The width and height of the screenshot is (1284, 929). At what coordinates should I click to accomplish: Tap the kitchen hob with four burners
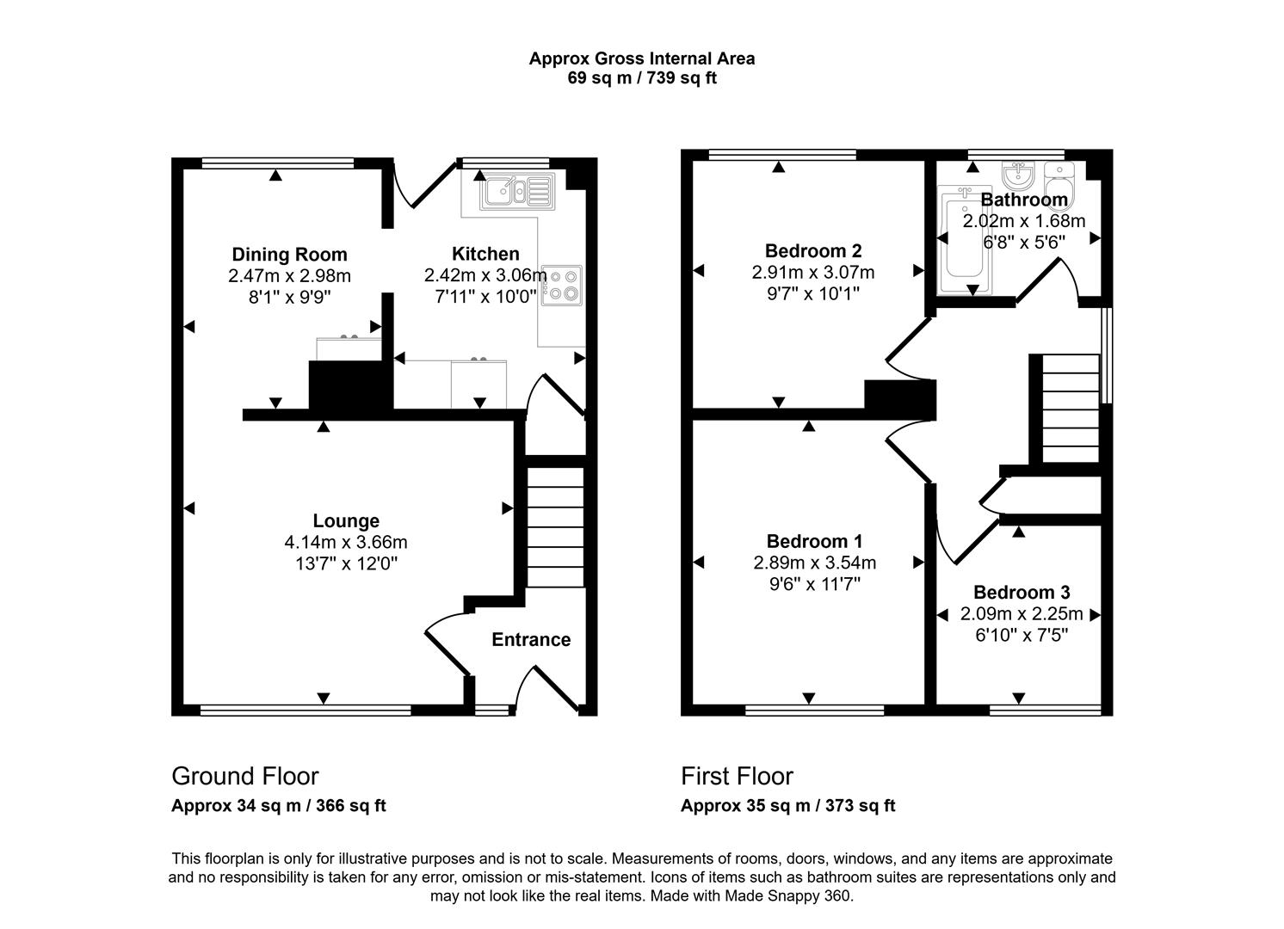[x=561, y=285]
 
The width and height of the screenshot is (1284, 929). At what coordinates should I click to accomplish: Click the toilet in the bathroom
[x=1060, y=181]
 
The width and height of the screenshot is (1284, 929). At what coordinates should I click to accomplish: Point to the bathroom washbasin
[x=1018, y=177]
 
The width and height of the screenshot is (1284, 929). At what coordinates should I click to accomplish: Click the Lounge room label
[x=346, y=521]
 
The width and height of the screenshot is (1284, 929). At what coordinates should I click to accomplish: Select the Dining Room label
[x=289, y=255]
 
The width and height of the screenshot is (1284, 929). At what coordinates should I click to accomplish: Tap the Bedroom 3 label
[x=1022, y=593]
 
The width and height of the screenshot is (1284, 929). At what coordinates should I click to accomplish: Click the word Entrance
[x=531, y=640]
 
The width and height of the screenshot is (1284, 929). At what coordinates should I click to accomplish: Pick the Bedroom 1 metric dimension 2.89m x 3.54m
[x=814, y=563]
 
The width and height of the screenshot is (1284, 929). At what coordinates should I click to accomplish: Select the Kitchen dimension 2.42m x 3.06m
[x=485, y=275]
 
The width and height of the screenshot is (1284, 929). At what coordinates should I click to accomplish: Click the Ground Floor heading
[x=245, y=776]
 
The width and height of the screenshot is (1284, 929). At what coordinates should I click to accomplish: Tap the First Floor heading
[x=737, y=776]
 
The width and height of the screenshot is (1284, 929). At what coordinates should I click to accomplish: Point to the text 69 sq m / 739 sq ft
[x=642, y=78]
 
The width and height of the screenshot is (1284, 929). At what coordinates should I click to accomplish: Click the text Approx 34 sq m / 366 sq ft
[x=278, y=806]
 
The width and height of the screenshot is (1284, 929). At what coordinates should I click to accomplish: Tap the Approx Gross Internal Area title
[x=642, y=58]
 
